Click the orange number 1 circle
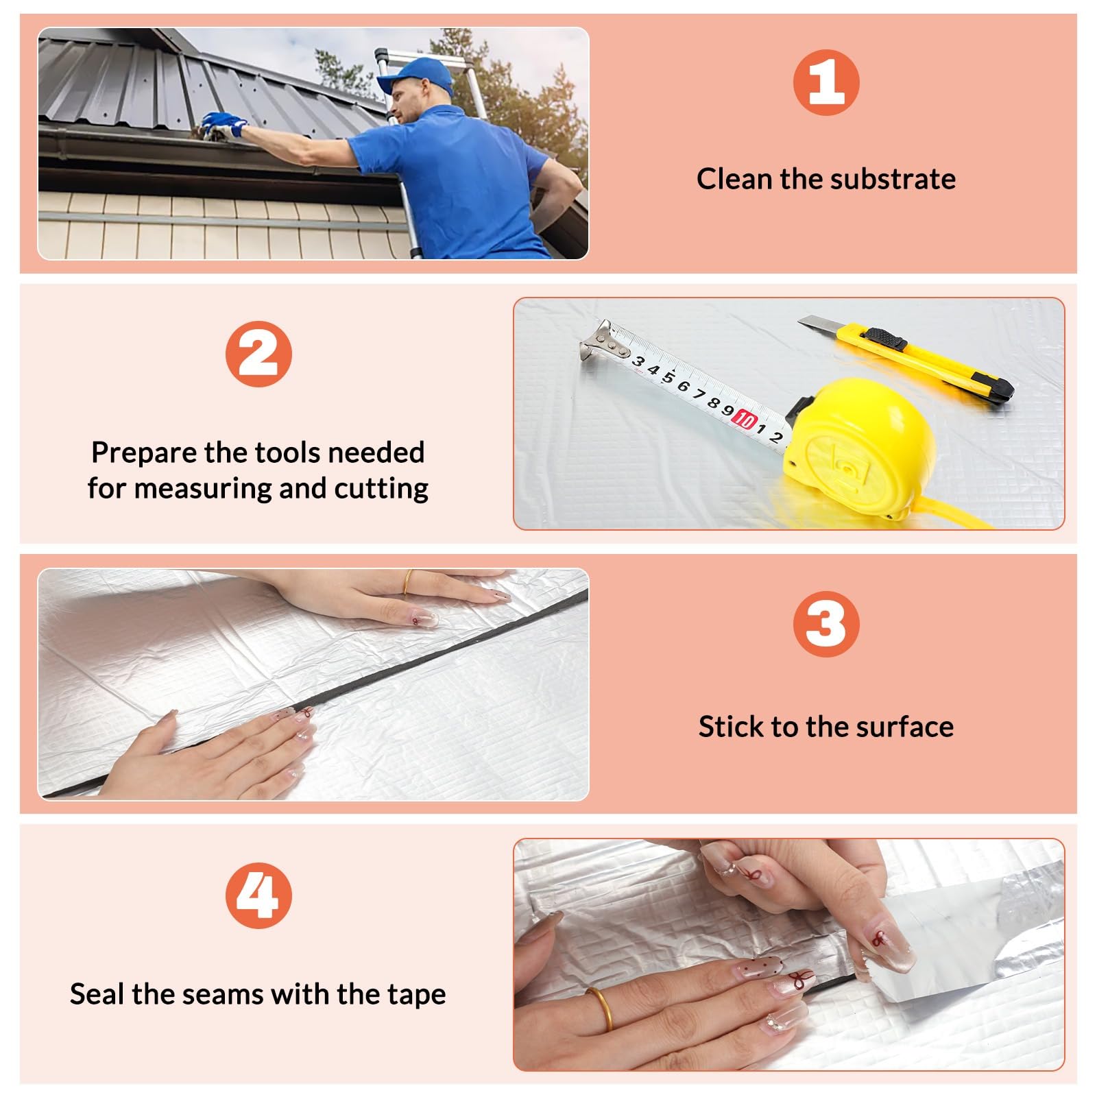pos(826,82)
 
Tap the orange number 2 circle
pos(258,354)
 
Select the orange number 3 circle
pos(826,624)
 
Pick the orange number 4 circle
pos(258,895)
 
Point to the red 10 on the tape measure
pos(745,419)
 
